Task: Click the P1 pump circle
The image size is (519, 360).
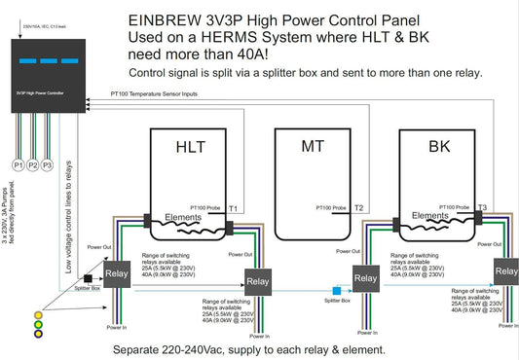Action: click(x=18, y=165)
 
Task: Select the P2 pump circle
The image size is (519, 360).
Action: click(x=33, y=165)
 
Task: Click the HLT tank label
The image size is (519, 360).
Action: click(x=190, y=148)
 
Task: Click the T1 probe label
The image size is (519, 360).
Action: click(x=234, y=208)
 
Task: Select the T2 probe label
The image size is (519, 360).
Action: click(x=358, y=208)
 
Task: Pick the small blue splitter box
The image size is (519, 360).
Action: click(x=336, y=290)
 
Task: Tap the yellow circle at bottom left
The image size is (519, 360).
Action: click(x=38, y=313)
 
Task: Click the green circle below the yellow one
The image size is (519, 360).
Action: click(x=38, y=323)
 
